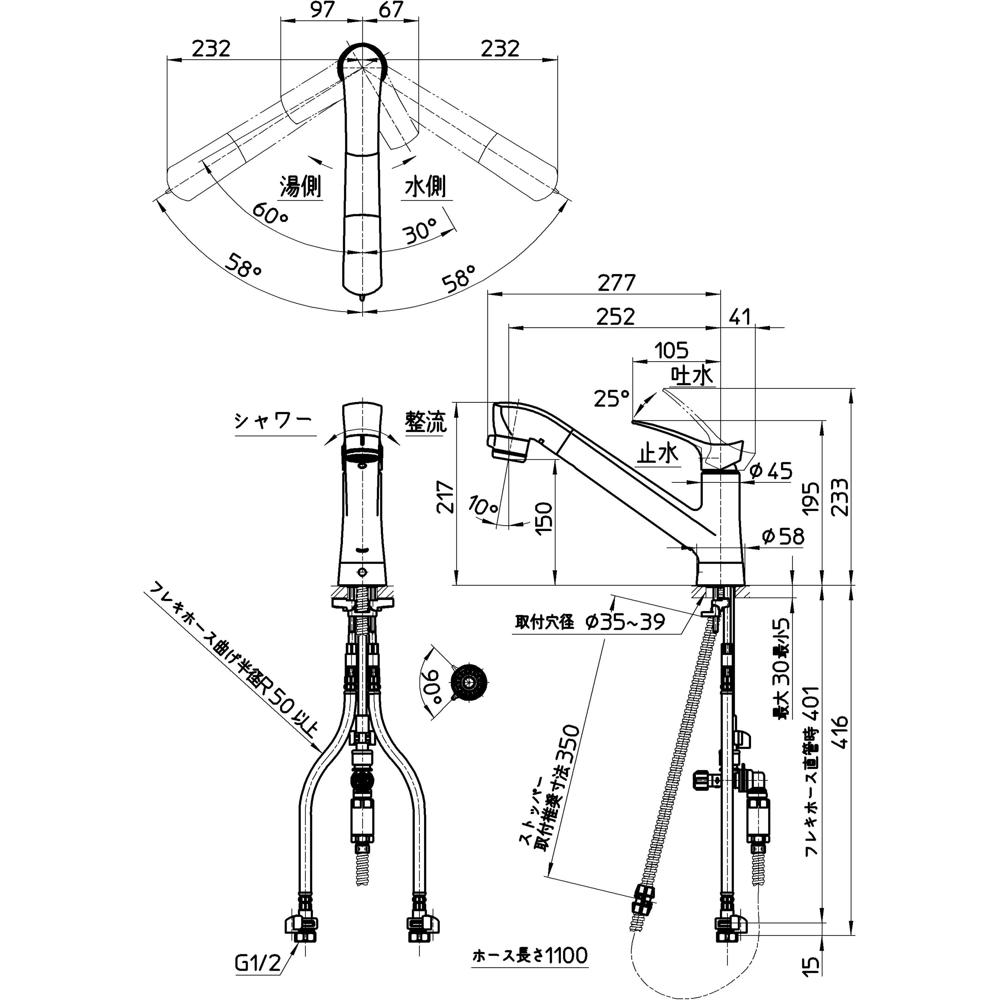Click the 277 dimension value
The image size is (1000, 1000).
[x=616, y=283]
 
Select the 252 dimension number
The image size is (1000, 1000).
[x=615, y=316]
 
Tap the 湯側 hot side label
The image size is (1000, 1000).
[x=301, y=186]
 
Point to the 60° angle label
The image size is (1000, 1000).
[x=270, y=213]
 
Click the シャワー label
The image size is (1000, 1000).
[x=273, y=421]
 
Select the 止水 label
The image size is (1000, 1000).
[x=657, y=454]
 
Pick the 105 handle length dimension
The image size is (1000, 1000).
[x=672, y=351]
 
